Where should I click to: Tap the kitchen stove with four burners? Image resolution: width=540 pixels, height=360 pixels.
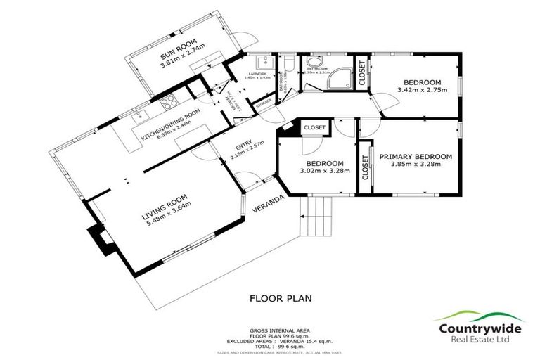click(x=169, y=105)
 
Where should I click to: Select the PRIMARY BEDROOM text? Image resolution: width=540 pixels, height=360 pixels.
click(x=415, y=156)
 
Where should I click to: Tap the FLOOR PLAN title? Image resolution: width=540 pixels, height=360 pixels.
click(x=281, y=298)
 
